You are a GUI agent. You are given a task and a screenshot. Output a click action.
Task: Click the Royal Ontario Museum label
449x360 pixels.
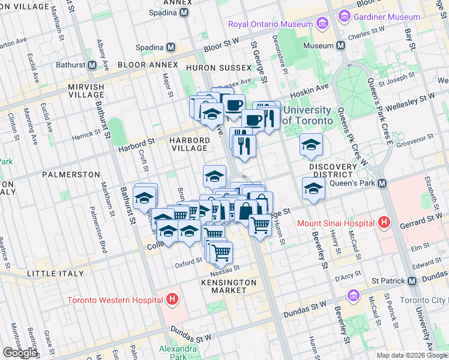click(x=270, y=24)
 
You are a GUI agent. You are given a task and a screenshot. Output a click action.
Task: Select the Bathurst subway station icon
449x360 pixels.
click(x=92, y=65)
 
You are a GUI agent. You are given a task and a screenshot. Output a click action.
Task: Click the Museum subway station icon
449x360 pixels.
click(x=341, y=46)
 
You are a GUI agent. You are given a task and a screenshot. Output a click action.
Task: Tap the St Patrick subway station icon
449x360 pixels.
click(x=412, y=281)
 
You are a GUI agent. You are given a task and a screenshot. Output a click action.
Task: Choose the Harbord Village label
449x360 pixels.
click(x=190, y=144)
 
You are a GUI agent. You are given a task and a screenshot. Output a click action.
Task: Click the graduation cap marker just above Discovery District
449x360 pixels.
click(x=311, y=145)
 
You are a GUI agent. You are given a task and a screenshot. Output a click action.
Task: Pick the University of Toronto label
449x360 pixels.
click(x=307, y=115)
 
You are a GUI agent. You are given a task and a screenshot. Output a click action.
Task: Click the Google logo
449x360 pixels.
click(x=20, y=353)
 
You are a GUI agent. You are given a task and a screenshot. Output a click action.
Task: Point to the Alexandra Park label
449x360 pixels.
click(x=178, y=352)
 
